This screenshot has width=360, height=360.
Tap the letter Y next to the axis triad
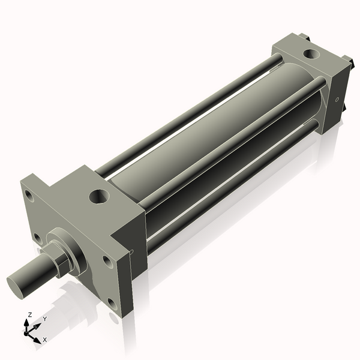[x=44, y=319]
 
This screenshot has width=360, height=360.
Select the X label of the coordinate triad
[x=45, y=340]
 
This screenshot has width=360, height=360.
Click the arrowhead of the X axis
[x=38, y=338]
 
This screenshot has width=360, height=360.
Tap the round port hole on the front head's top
[x=98, y=196]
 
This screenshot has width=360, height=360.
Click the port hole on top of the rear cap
[x=311, y=54]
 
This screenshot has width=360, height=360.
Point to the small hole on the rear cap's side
[x=337, y=99]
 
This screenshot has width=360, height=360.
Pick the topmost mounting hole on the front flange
[x=28, y=196]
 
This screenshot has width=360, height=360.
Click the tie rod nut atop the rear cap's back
[x=307, y=37]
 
